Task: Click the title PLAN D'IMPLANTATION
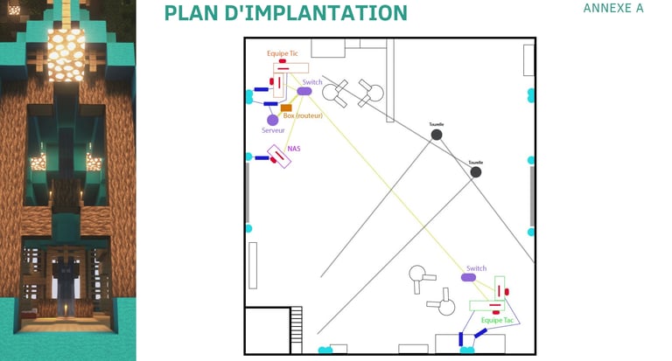click(x=285, y=13)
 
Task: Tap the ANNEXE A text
click(x=612, y=8)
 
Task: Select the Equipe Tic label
click(x=282, y=53)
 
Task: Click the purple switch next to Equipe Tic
click(x=304, y=91)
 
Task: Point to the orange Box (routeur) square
click(x=286, y=108)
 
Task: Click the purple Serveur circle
click(x=273, y=120)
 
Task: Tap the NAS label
click(x=294, y=149)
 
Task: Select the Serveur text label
click(x=273, y=130)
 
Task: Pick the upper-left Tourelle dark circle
click(x=437, y=135)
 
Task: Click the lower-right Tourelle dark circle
click(x=475, y=172)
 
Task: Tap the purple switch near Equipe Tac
click(x=469, y=277)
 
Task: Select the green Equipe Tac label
click(x=497, y=320)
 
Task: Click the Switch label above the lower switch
click(x=476, y=268)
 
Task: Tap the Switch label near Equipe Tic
click(x=312, y=82)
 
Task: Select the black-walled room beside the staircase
click(x=267, y=330)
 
